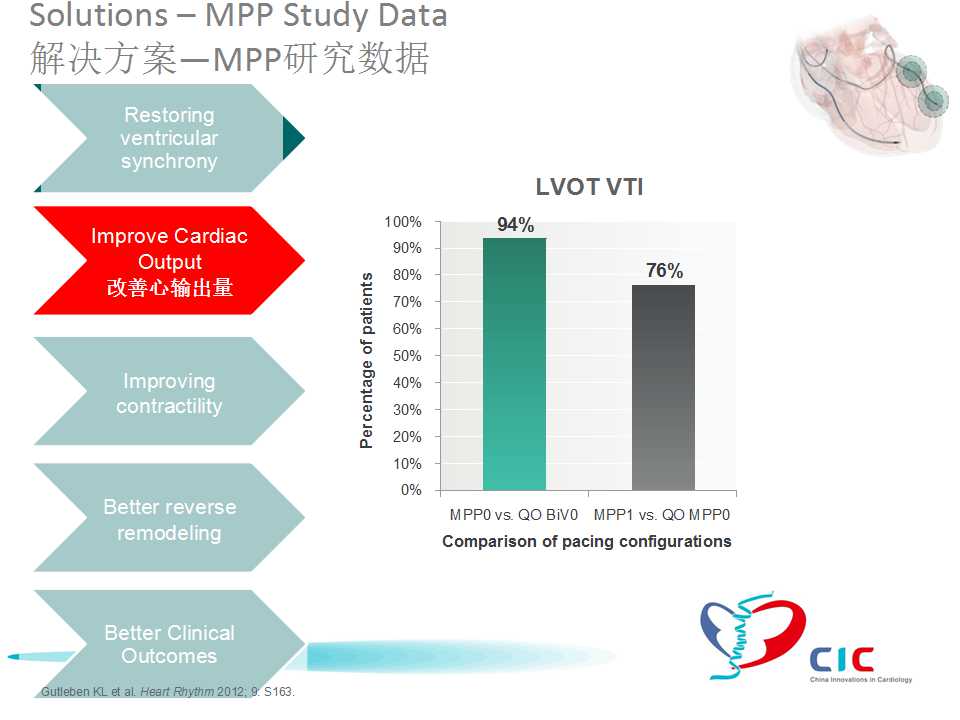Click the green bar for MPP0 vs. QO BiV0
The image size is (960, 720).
click(514, 364)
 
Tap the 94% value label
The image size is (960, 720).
click(515, 225)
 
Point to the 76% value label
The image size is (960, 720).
click(664, 271)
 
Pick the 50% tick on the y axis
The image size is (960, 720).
click(405, 356)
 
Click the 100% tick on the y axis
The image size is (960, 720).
click(403, 221)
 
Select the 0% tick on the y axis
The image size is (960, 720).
click(410, 490)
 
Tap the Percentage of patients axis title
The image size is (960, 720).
click(367, 360)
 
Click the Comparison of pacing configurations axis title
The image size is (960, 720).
click(586, 542)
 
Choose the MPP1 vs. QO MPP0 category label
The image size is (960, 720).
click(662, 515)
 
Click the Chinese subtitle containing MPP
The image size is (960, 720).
click(230, 58)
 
